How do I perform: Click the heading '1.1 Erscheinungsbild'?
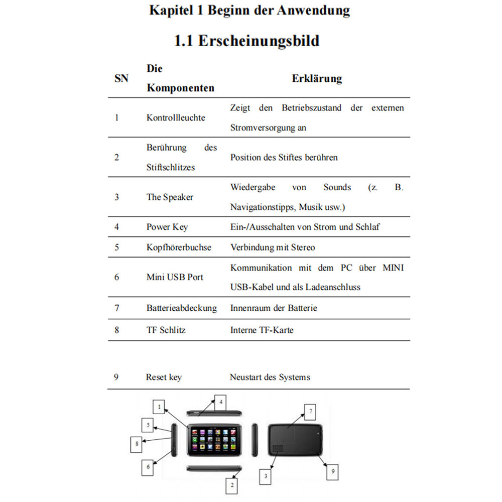point(246,41)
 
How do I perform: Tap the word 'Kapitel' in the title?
point(169,11)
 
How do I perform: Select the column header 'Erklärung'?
point(317,78)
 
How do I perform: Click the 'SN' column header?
point(121,78)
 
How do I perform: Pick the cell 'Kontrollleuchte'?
point(176,117)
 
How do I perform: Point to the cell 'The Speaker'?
point(170,197)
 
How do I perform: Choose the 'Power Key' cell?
point(167,227)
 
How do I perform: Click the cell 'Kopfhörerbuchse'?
point(179,247)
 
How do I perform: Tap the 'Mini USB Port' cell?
point(175,277)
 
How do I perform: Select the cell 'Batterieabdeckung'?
point(181,308)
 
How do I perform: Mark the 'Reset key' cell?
point(164,377)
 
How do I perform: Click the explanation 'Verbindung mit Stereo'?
point(273,247)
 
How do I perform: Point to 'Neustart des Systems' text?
point(270,377)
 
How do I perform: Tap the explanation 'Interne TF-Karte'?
point(262,330)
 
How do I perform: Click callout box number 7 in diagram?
point(311,412)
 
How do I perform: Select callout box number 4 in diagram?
point(220,402)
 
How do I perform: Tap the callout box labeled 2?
point(232,485)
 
